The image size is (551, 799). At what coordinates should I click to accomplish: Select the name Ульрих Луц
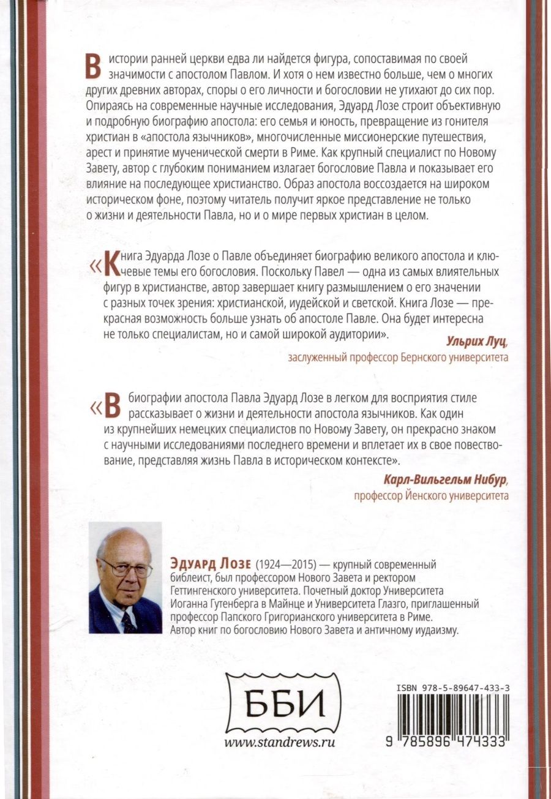(x=470, y=342)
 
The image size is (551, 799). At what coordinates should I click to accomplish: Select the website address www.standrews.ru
(x=280, y=742)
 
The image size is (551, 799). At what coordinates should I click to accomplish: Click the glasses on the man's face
(x=127, y=568)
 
